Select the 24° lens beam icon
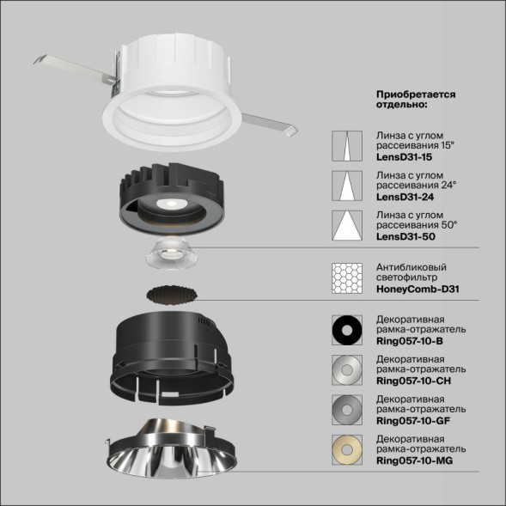tap(348, 186)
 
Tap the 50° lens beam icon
tap(348, 225)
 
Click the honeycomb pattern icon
tap(348, 277)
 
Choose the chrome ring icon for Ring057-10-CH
tap(348, 370)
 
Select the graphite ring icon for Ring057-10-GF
tap(348, 410)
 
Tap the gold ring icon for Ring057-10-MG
tap(348, 449)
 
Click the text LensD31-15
tap(404, 158)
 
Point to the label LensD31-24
tap(404, 197)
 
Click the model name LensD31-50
tap(404, 236)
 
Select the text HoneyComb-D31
tap(418, 290)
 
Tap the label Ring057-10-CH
tap(415, 381)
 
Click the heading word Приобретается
tap(415, 93)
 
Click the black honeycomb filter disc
tap(174, 294)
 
